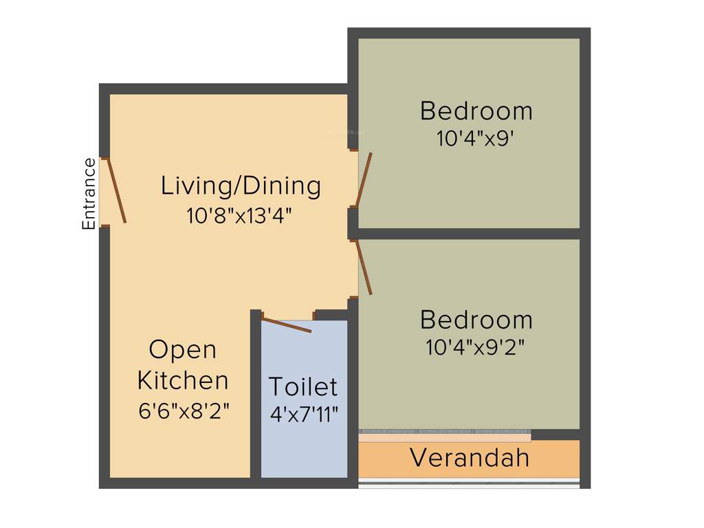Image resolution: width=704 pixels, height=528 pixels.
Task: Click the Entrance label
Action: point(89,194)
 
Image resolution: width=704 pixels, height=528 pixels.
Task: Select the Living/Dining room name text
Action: point(241,186)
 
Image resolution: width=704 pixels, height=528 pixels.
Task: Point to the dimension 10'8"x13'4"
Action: point(240,216)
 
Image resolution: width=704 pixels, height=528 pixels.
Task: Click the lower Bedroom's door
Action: point(364,268)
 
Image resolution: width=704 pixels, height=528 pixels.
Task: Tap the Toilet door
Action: point(287,324)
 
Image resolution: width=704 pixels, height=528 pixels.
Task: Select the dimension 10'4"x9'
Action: point(476,139)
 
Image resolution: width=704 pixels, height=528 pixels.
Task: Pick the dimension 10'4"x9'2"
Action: point(476,348)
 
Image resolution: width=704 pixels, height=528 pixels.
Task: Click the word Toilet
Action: point(302,387)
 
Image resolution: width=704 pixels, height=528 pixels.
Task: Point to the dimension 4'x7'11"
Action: point(304,415)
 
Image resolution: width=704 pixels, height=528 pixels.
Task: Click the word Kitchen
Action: point(183,380)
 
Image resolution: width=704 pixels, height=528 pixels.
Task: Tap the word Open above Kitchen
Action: point(183,350)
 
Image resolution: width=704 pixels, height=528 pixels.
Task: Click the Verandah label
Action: point(470,458)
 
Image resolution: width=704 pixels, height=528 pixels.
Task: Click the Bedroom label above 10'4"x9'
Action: point(476,111)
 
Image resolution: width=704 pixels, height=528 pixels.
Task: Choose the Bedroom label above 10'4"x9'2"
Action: point(476,320)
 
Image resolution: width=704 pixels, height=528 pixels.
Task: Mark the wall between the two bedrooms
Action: point(467,234)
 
